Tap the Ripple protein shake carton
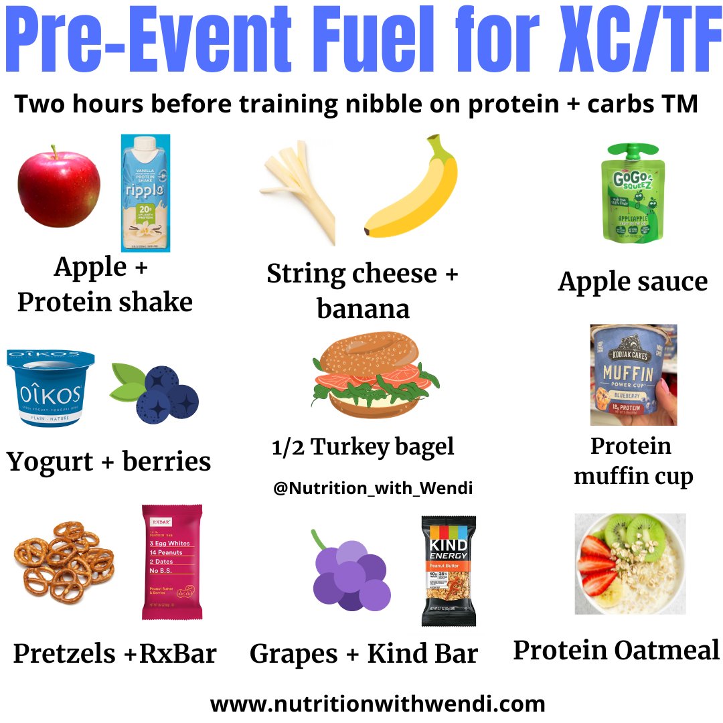(x=145, y=193)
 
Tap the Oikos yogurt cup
(x=50, y=388)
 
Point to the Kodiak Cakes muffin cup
(x=633, y=375)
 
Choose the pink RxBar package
(x=172, y=562)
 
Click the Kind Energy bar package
(x=448, y=571)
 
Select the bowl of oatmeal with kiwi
(x=630, y=564)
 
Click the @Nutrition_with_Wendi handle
(x=373, y=489)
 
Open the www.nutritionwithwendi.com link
(x=377, y=704)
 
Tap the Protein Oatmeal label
(x=616, y=650)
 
